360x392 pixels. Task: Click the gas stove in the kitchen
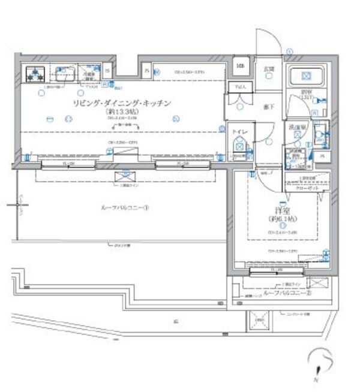pyautogui.click(x=35, y=75)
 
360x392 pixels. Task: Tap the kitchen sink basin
pyautogui.click(x=63, y=75)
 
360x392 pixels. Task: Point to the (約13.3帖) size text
pyautogui.click(x=122, y=111)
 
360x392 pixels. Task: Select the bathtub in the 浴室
pyautogui.click(x=305, y=76)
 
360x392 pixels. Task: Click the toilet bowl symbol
pyautogui.click(x=239, y=144)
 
